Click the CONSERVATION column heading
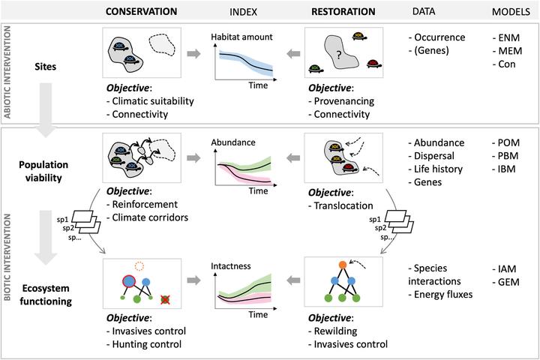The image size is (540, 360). coord(141,11)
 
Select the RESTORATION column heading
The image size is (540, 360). coord(343,11)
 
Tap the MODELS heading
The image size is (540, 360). coord(511,12)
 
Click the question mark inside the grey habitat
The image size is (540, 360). coord(339,55)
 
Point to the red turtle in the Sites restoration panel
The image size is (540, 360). coord(373,64)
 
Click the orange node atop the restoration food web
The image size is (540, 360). coord(342,265)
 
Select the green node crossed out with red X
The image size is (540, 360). coord(166,300)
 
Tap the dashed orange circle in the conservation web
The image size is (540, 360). coord(139,265)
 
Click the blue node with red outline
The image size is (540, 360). coord(128,281)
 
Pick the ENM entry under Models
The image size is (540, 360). coord(506,37)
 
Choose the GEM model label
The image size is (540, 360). coord(505,282)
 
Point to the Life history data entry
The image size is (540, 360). coord(435,169)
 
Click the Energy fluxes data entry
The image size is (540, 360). coord(440,295)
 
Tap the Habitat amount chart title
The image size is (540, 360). coord(241,37)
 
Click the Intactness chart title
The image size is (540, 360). coord(231,266)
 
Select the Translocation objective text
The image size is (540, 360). coord(340,205)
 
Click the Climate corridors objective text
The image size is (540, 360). coord(148,217)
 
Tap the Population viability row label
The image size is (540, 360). coord(43,171)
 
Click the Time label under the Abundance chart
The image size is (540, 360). coord(258,190)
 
